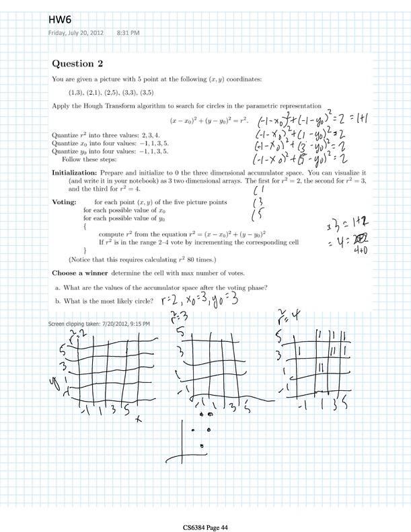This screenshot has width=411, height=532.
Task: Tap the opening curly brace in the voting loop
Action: pyautogui.click(x=85, y=227)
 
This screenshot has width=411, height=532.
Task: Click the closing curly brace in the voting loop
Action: pyautogui.click(x=85, y=250)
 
